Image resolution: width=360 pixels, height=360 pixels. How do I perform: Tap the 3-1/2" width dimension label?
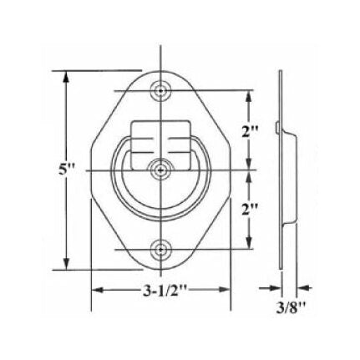coord(160,292)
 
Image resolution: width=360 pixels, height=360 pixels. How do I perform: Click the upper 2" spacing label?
coord(250,130)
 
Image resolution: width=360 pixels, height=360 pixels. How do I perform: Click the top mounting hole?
coord(160,90)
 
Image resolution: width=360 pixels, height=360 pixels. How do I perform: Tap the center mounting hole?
coord(160,170)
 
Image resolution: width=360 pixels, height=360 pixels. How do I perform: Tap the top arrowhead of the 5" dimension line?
coord(67,75)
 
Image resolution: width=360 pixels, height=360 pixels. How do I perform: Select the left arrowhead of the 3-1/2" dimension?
coord(94,292)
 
